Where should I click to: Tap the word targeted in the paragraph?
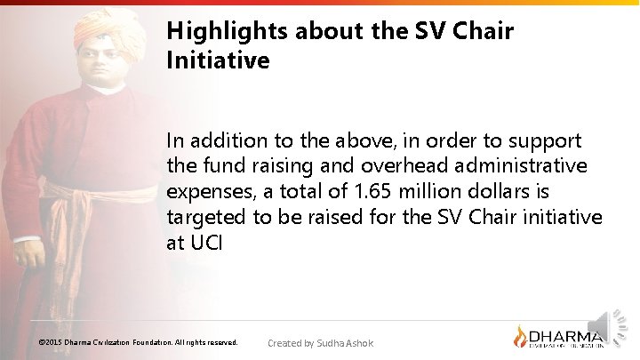[204, 218]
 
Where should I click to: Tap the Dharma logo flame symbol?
[521, 337]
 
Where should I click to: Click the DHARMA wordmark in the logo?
[566, 335]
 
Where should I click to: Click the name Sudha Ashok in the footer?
[345, 343]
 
